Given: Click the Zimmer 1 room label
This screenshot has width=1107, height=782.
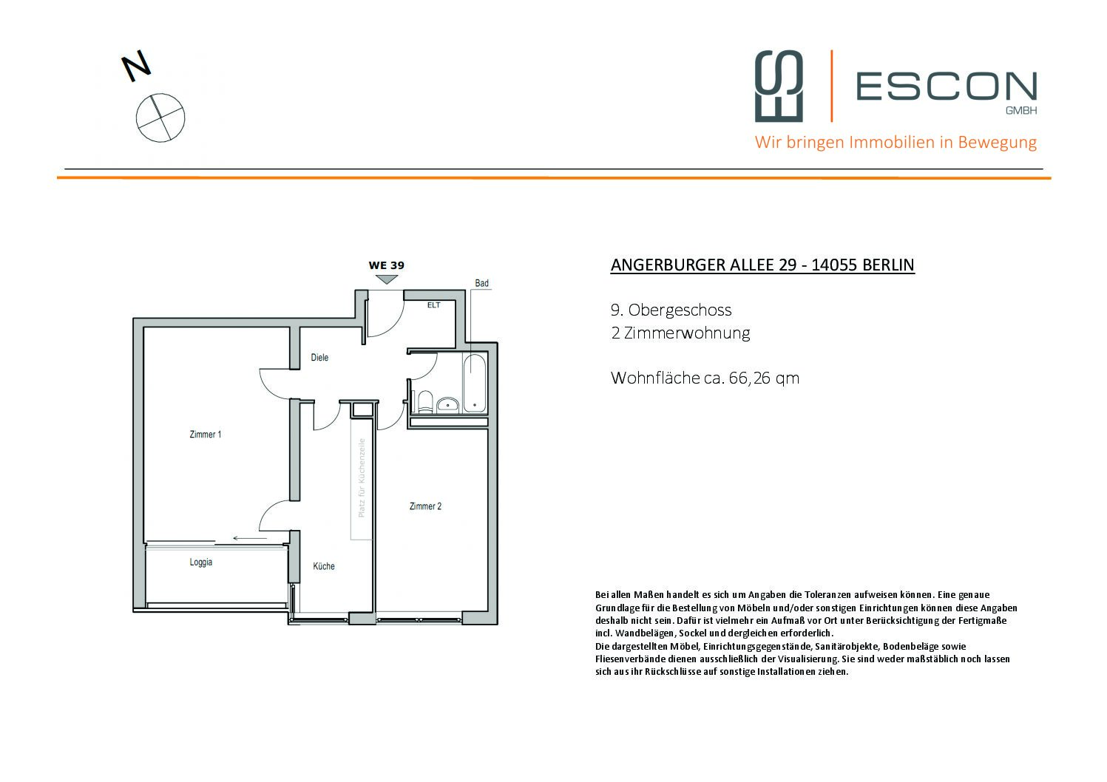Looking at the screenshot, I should (x=205, y=435).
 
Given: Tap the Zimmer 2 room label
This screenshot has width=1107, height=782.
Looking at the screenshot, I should (x=425, y=506).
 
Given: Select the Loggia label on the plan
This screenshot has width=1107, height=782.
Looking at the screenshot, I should (x=200, y=562).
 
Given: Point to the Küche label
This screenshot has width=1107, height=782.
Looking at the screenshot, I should (x=323, y=566).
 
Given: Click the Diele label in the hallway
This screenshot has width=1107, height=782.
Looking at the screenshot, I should (x=319, y=358).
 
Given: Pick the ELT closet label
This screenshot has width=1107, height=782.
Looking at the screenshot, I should (x=433, y=305).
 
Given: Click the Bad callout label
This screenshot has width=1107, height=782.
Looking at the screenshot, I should (x=481, y=283).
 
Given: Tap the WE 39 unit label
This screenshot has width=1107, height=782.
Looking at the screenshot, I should (x=386, y=265).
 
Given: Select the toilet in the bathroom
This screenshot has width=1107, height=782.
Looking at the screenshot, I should (x=424, y=401).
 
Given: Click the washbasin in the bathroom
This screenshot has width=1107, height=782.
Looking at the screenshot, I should (x=447, y=404).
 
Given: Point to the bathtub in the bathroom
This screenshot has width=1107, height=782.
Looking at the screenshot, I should (x=474, y=384).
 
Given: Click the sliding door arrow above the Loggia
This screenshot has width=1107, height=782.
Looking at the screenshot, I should (x=249, y=538).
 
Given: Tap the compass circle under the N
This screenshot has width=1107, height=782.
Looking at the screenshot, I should (x=160, y=118).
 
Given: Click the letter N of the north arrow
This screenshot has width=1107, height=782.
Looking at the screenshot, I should (x=136, y=67).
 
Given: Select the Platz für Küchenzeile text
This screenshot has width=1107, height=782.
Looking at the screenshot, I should (x=362, y=477).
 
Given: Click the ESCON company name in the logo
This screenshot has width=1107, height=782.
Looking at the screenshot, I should (x=946, y=86).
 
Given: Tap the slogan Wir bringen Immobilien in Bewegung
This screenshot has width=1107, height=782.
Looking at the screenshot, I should (x=896, y=142).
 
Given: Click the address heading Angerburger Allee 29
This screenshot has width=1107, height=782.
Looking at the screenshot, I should (x=762, y=265).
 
